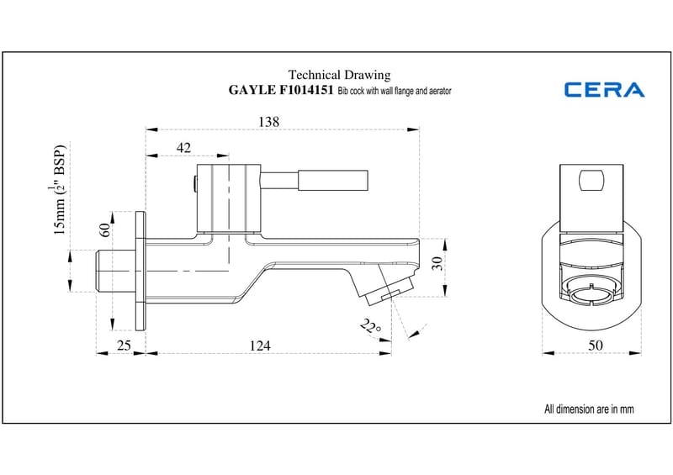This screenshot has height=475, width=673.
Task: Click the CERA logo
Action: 604,89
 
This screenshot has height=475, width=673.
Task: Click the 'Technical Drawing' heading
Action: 339,75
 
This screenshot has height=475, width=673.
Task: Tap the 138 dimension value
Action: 268,121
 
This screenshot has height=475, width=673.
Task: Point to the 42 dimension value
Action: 183,147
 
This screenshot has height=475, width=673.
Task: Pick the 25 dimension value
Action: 122,345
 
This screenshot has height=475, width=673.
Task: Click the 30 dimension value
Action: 437,263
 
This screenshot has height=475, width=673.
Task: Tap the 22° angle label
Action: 370,325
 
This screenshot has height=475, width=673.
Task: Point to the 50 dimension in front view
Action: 595,344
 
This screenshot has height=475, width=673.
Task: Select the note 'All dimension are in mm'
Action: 589,409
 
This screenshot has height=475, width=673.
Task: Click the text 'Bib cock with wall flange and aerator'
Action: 395,90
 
